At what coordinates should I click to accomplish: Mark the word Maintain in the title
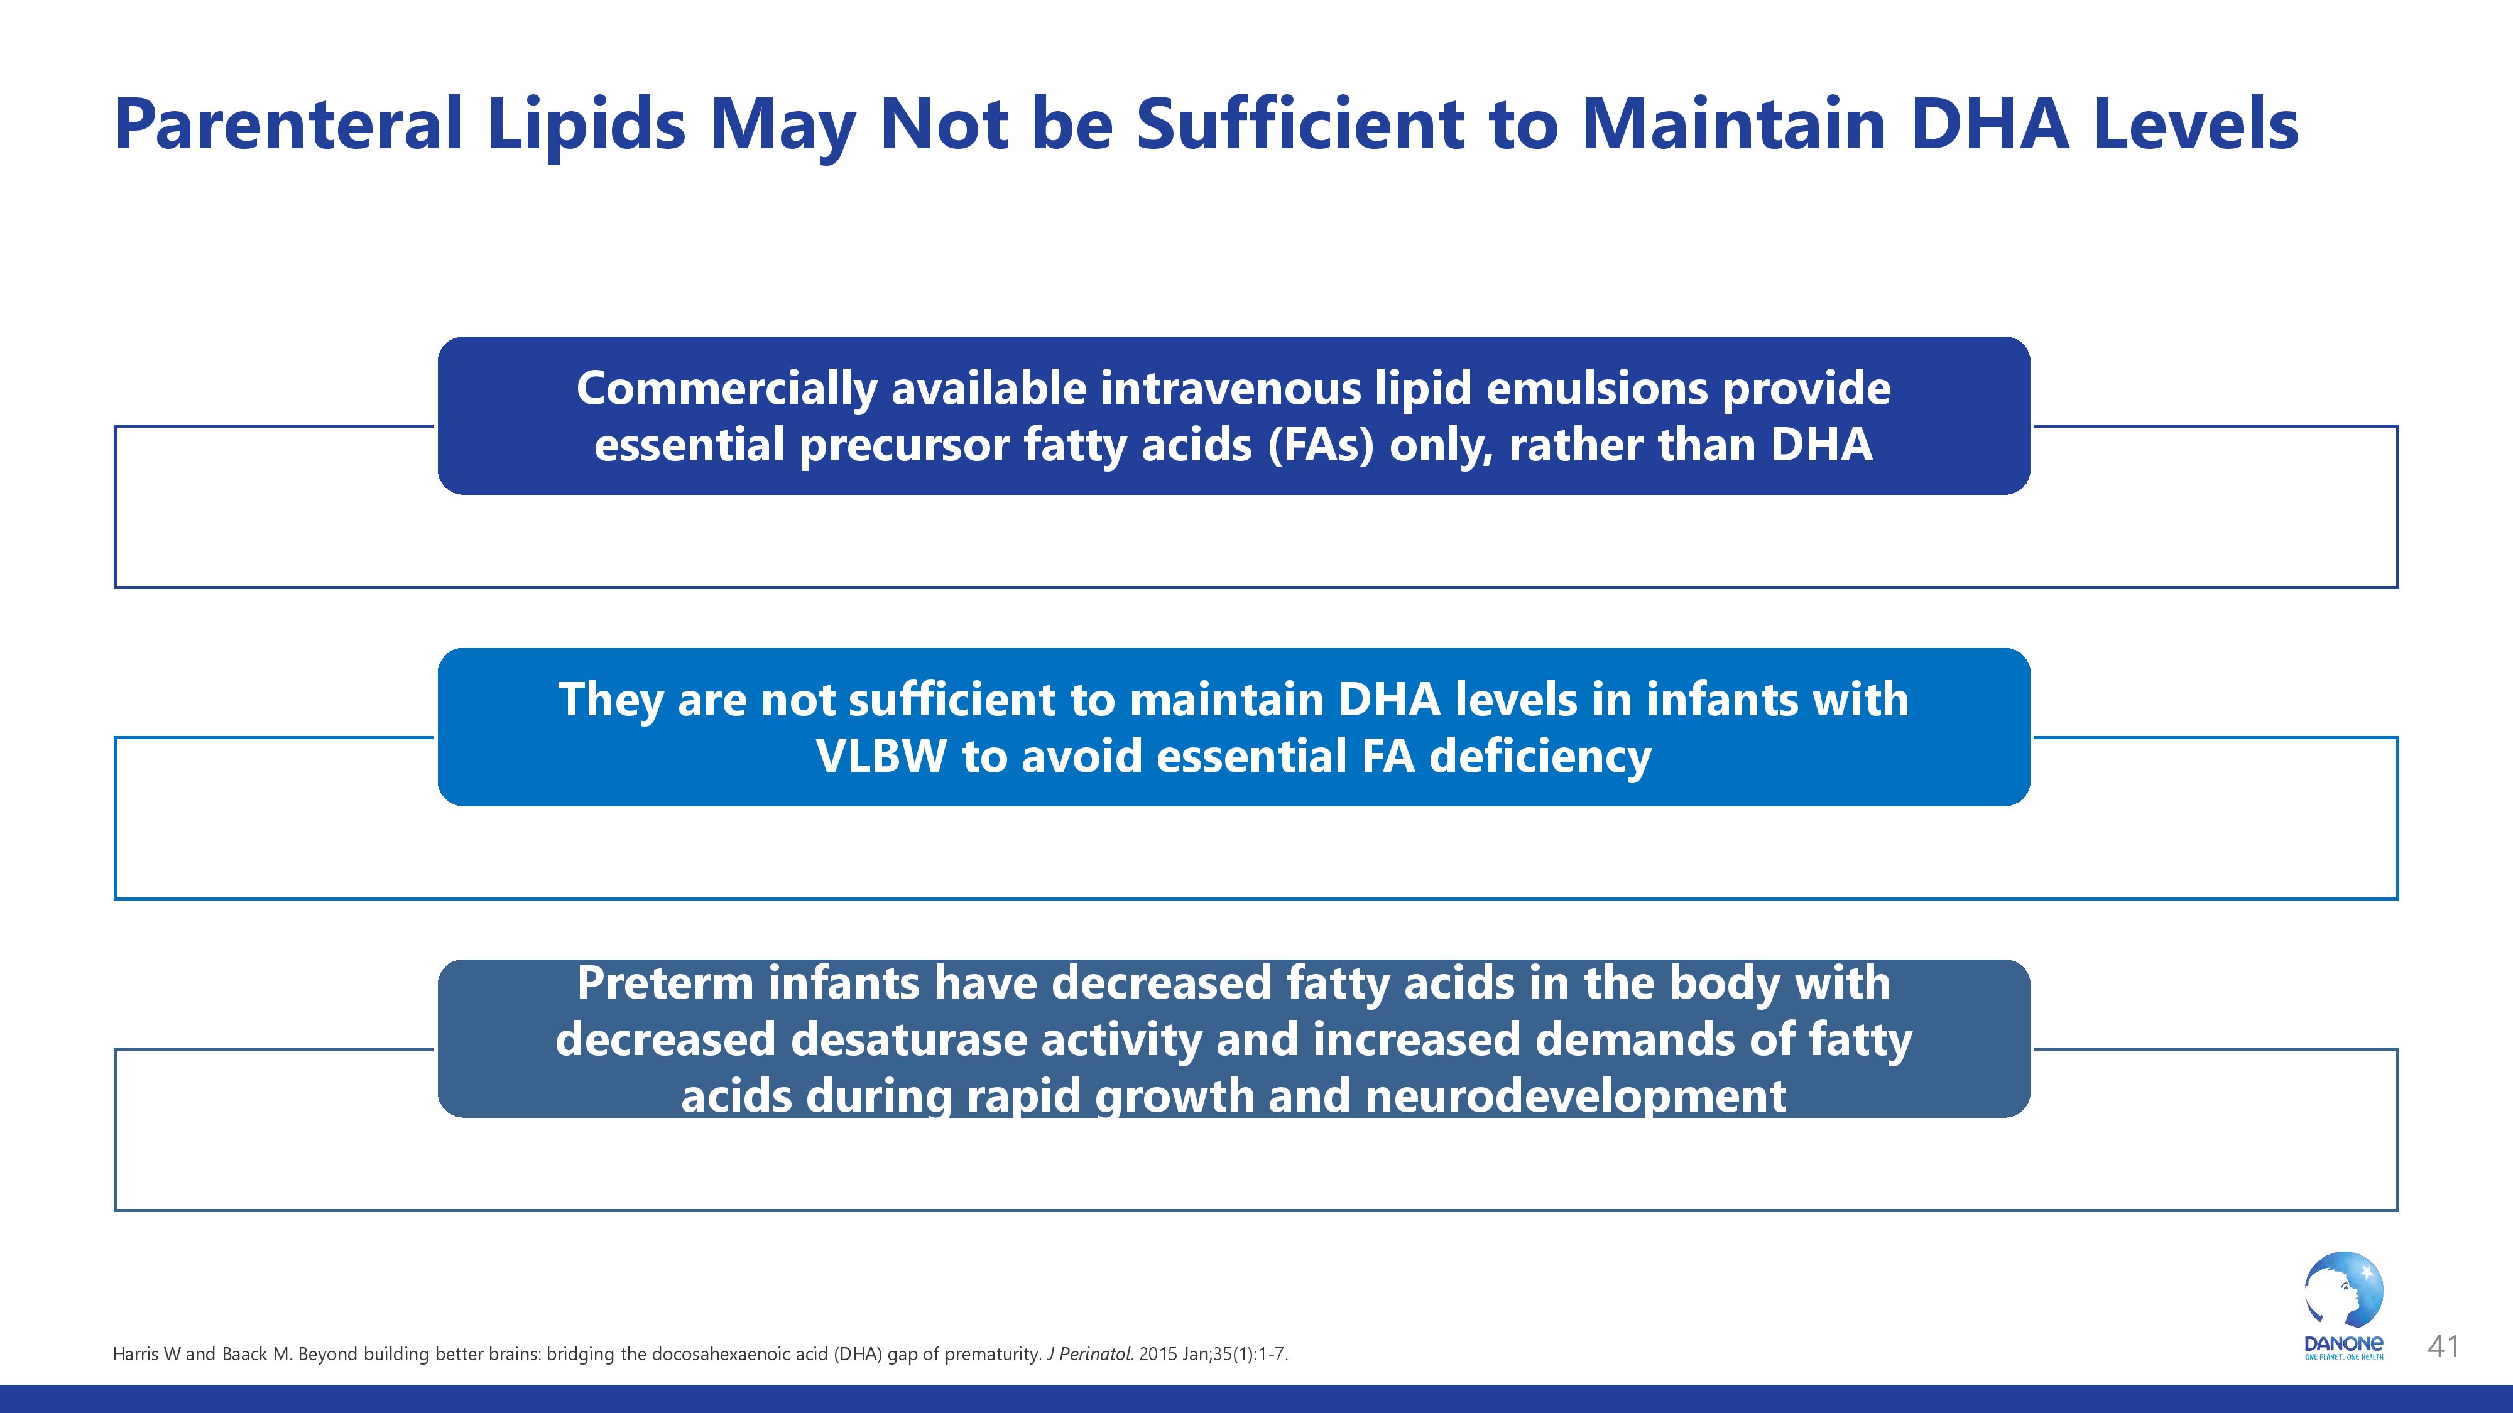pyautogui.click(x=1733, y=125)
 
